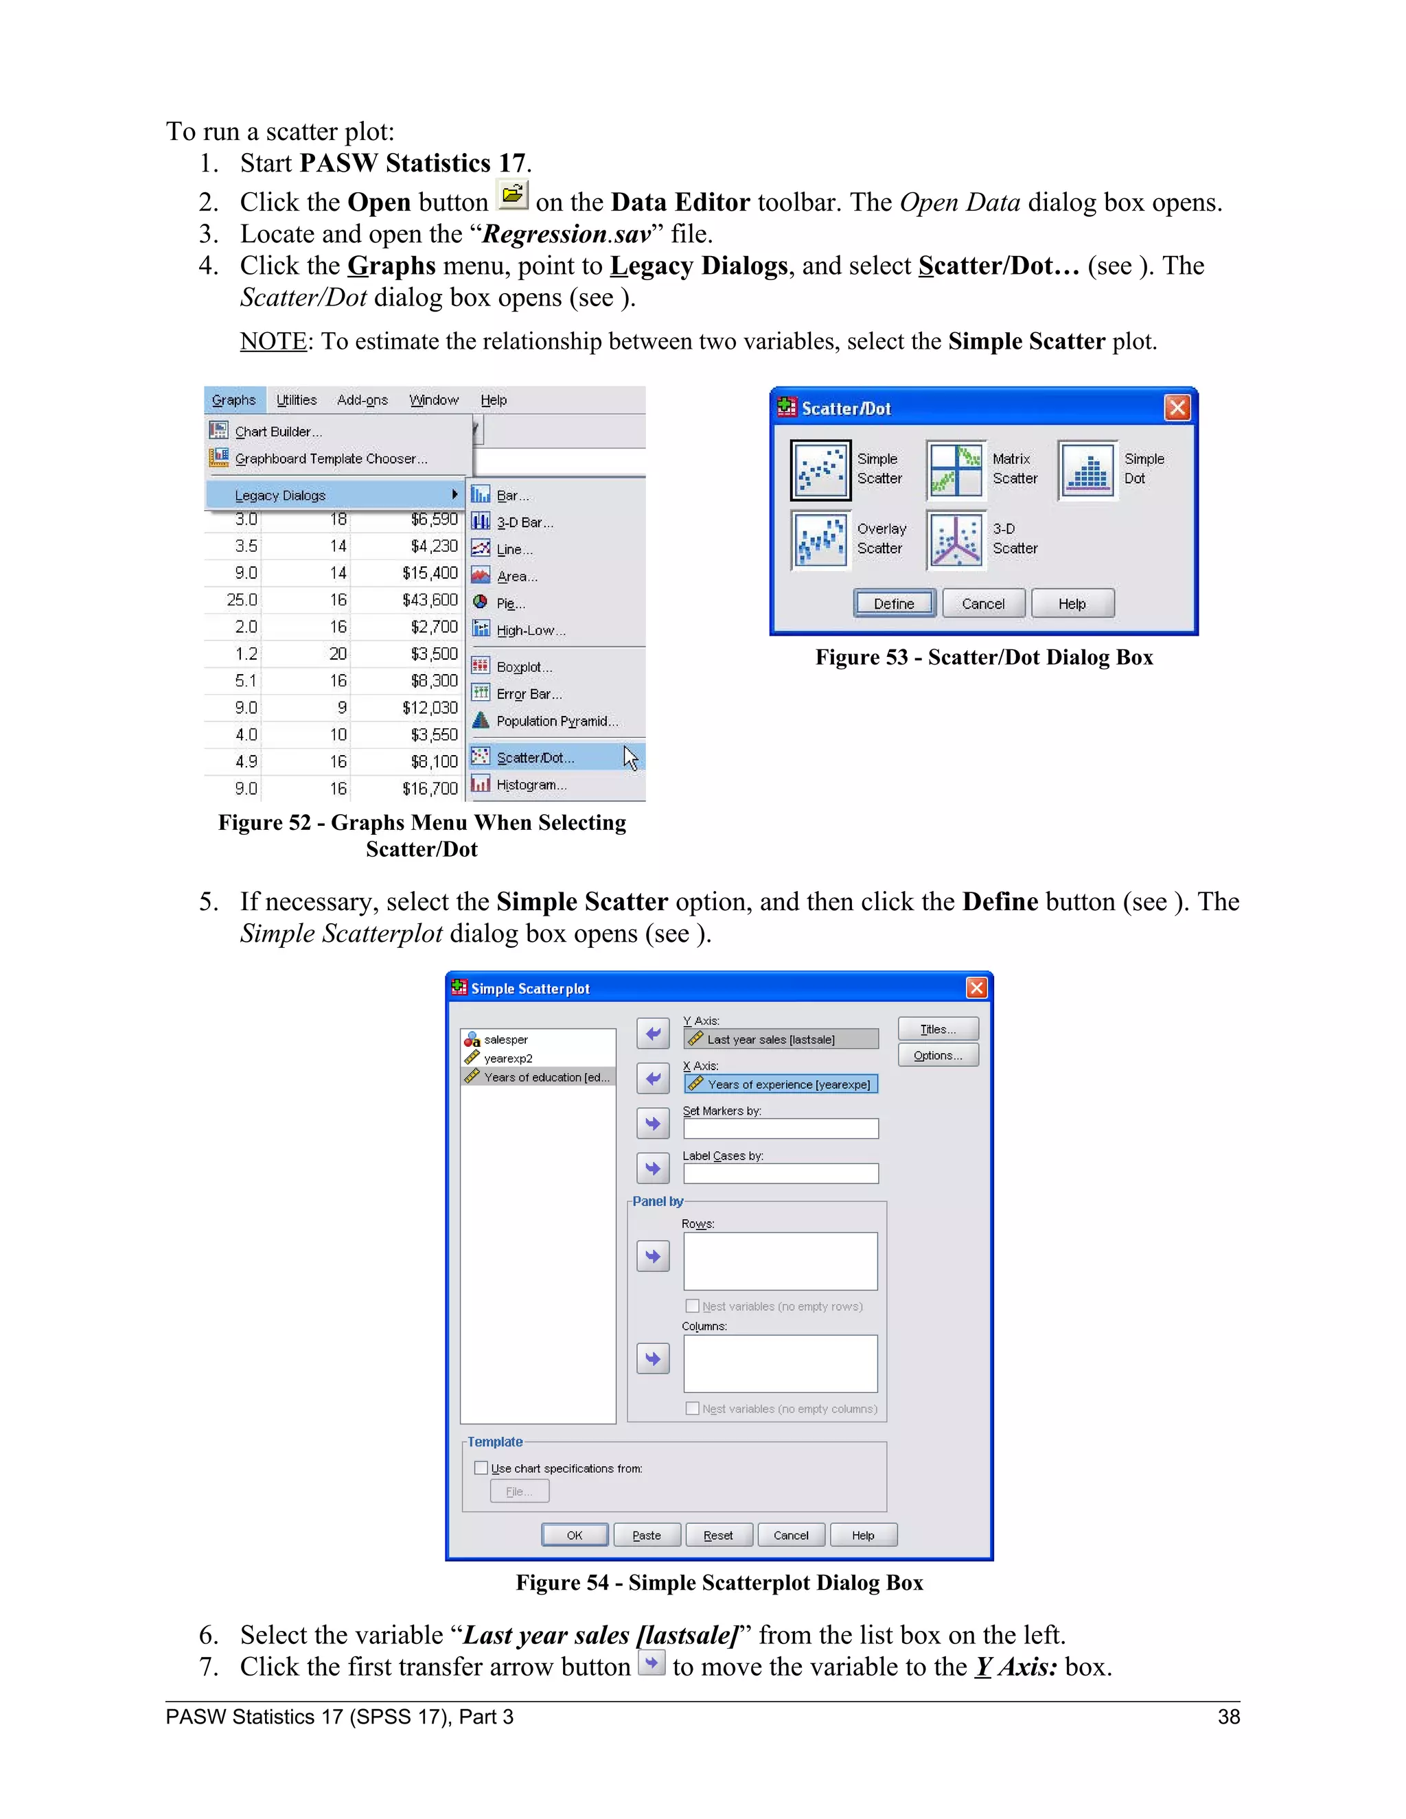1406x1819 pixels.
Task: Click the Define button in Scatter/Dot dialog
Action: [894, 603]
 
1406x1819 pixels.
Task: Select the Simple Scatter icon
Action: [820, 470]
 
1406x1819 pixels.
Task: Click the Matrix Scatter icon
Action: [956, 470]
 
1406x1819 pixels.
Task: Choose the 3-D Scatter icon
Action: [956, 540]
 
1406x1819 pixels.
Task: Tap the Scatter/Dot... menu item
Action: [535, 757]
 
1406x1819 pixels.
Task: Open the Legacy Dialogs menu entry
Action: [280, 495]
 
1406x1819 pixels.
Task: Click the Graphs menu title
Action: [234, 399]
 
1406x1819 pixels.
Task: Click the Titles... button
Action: [938, 1030]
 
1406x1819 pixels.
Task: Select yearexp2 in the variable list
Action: [508, 1058]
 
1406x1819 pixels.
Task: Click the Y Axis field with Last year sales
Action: [781, 1039]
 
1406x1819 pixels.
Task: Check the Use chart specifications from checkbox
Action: [481, 1468]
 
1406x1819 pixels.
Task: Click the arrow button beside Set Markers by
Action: [653, 1124]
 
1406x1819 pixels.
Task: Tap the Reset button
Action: [718, 1535]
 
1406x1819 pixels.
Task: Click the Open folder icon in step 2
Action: [512, 195]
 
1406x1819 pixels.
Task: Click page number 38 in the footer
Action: [1229, 1717]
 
